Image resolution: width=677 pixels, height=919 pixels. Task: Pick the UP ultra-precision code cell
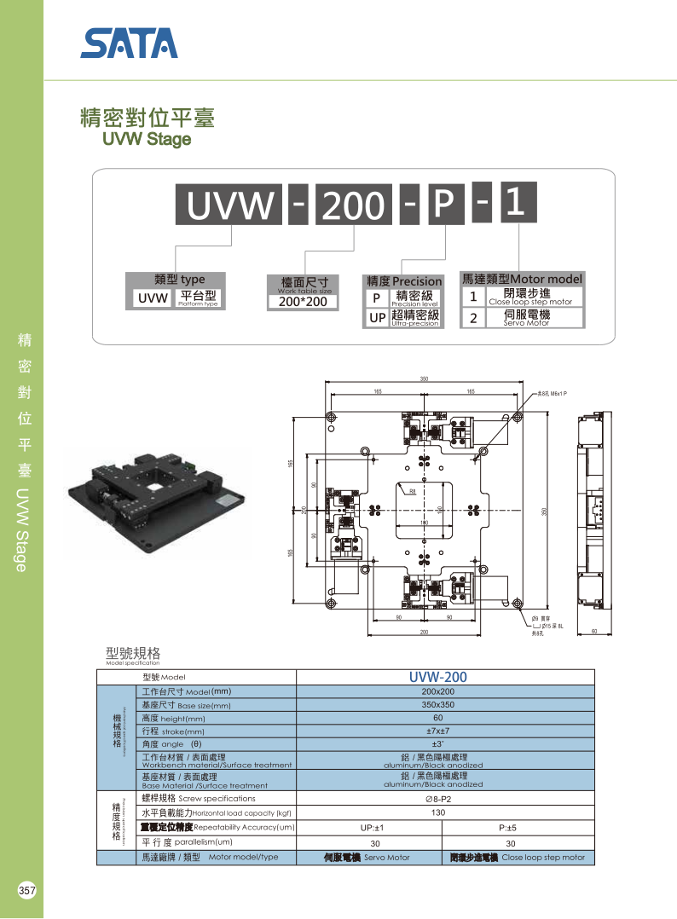377,318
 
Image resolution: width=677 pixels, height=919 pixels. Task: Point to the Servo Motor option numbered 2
526,318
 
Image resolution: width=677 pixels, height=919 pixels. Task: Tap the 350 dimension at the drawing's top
424,379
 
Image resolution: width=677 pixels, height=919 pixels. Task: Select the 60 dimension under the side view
594,632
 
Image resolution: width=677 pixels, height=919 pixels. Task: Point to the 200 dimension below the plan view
424,633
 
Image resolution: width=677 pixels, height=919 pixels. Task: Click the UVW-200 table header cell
437,677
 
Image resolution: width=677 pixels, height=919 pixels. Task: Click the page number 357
26,891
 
